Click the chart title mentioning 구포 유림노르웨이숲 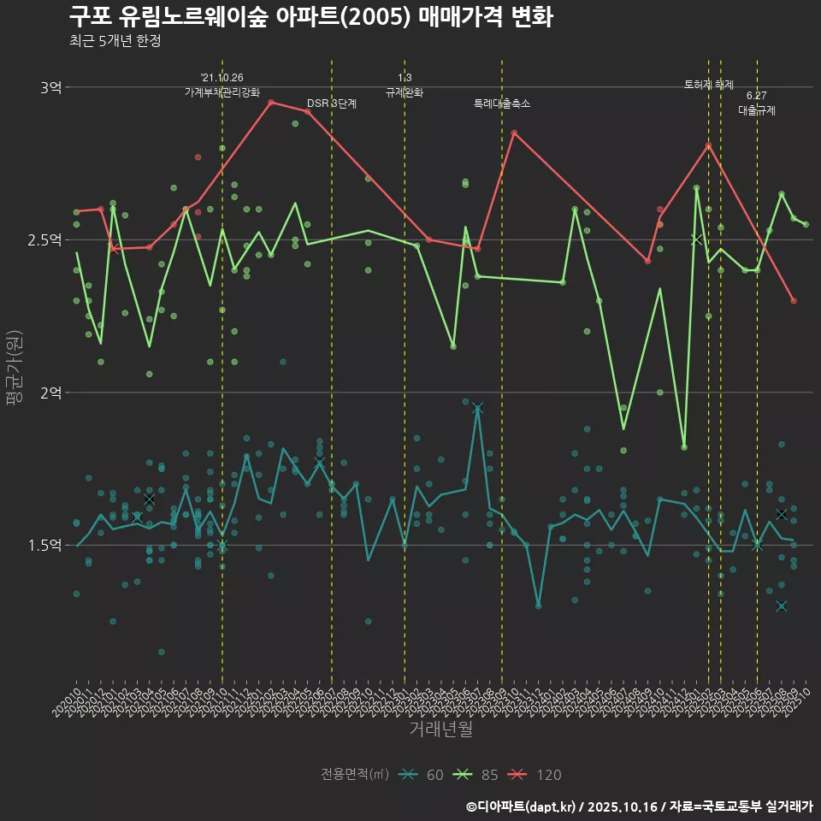tap(310, 17)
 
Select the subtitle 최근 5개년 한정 tap(115, 41)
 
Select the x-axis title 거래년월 tap(440, 729)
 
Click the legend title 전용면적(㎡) tap(354, 775)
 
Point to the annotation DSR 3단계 tap(332, 104)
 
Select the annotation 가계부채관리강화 tap(222, 92)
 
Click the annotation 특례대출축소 tap(502, 104)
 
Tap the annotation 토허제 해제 tap(709, 85)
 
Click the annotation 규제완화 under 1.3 tap(405, 92)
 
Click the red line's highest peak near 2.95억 tap(271, 103)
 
